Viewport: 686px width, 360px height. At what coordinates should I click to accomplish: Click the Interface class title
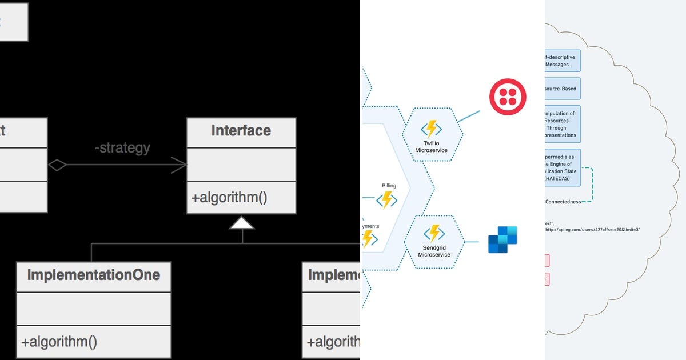click(x=241, y=131)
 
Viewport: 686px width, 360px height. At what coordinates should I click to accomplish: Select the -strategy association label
click(x=122, y=148)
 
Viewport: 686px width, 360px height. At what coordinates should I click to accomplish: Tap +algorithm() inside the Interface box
click(x=229, y=198)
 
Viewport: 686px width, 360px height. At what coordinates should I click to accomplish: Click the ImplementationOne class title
click(x=94, y=275)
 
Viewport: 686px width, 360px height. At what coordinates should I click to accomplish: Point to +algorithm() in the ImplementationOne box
click(x=59, y=342)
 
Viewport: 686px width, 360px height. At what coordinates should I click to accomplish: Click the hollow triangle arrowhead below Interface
click(x=242, y=223)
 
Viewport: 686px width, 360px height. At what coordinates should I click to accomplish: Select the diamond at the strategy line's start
click(x=57, y=165)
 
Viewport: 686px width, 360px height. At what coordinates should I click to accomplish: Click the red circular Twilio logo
click(x=507, y=97)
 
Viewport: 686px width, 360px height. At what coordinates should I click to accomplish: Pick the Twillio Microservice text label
click(x=431, y=146)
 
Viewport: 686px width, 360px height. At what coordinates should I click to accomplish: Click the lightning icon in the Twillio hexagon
click(x=431, y=129)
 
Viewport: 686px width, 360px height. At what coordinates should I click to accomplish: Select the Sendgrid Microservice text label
click(x=434, y=251)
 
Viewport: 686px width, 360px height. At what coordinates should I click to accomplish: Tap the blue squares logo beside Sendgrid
click(x=502, y=239)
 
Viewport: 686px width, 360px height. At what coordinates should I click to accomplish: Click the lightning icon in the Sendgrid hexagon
click(x=434, y=233)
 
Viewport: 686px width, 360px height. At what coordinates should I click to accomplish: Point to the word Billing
click(x=389, y=186)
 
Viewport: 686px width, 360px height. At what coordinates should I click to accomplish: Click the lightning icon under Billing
click(x=386, y=199)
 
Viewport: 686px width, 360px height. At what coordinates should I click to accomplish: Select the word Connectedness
click(x=563, y=202)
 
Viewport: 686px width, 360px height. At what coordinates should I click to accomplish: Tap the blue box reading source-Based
click(x=563, y=89)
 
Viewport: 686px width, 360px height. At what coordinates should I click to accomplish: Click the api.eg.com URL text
click(x=592, y=230)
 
